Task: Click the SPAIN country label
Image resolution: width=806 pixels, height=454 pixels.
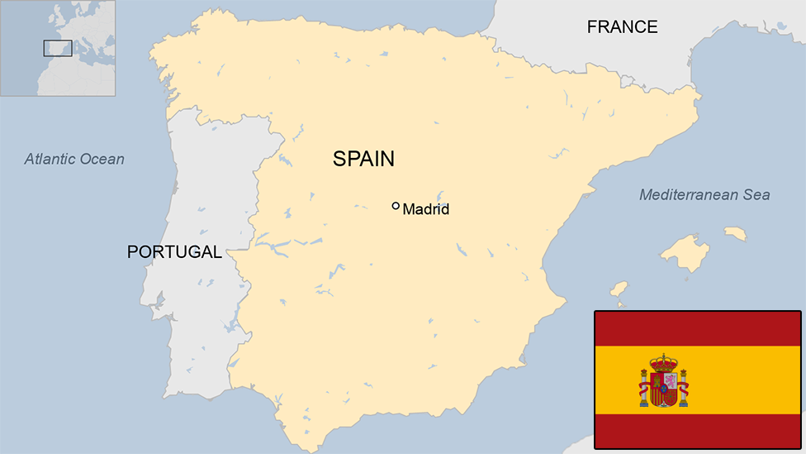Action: click(363, 159)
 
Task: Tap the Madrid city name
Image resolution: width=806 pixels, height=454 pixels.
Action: click(426, 210)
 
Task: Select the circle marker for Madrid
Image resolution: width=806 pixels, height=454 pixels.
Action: click(396, 206)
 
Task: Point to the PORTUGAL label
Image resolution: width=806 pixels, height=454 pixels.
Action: click(174, 252)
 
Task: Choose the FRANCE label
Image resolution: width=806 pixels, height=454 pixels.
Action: click(622, 27)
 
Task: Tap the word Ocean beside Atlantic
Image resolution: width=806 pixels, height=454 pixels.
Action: click(102, 159)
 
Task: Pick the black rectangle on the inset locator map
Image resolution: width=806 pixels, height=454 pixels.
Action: click(58, 48)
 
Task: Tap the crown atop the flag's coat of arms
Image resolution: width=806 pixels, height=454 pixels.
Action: click(663, 362)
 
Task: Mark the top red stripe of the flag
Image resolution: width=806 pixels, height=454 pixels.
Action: click(697, 328)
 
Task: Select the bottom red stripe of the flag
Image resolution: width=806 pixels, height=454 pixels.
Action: click(697, 431)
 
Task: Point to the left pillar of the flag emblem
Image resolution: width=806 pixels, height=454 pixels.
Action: click(644, 389)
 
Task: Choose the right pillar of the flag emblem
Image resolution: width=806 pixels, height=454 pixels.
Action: click(683, 389)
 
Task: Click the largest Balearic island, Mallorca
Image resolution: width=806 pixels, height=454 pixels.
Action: click(685, 251)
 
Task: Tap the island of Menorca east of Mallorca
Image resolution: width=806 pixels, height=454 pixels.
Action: click(735, 234)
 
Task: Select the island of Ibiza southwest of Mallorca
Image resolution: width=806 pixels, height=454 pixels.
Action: click(619, 289)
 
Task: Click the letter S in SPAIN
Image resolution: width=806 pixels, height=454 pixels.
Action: click(339, 159)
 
